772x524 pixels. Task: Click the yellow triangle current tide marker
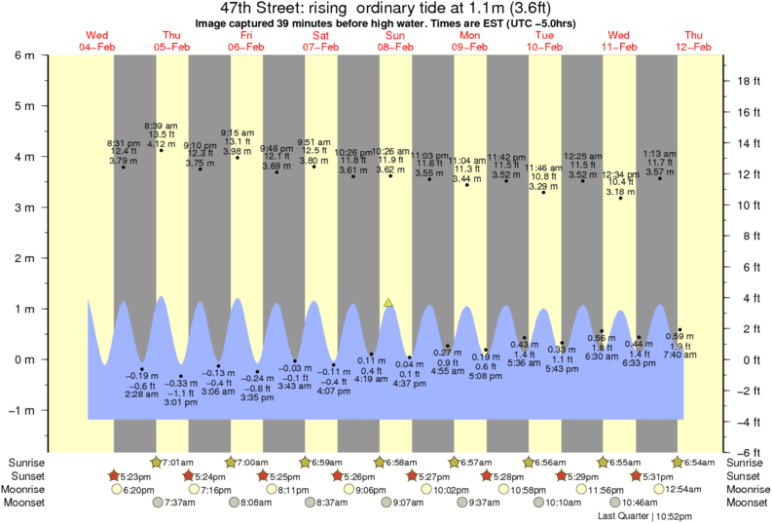388,303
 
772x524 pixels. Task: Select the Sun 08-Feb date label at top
395,41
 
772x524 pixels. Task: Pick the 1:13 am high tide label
659,153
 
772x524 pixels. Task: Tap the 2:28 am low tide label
141,394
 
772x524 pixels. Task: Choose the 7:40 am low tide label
680,355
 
